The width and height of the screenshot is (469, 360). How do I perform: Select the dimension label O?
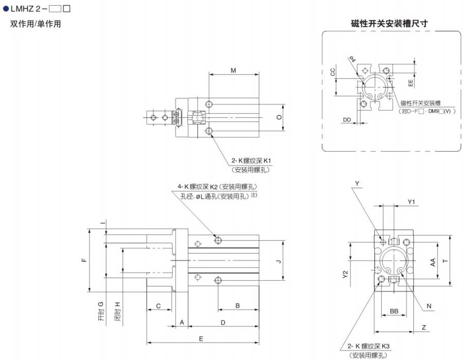(x=279, y=117)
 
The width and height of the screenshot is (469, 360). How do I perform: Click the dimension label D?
(x=222, y=322)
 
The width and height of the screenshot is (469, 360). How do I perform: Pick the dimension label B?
(x=237, y=305)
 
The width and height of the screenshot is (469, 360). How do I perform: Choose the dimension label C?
(x=159, y=306)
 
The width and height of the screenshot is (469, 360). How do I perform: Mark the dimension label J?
(x=278, y=261)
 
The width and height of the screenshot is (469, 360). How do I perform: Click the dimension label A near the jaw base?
(x=182, y=322)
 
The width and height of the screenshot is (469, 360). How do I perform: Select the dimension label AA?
(x=433, y=261)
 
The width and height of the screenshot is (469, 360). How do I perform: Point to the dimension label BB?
(x=394, y=311)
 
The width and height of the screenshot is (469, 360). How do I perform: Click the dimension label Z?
(x=423, y=327)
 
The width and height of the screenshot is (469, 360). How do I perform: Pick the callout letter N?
(x=428, y=307)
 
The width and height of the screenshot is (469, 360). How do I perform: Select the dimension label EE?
(x=410, y=82)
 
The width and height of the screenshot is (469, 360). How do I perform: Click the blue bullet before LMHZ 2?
(x=6, y=9)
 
